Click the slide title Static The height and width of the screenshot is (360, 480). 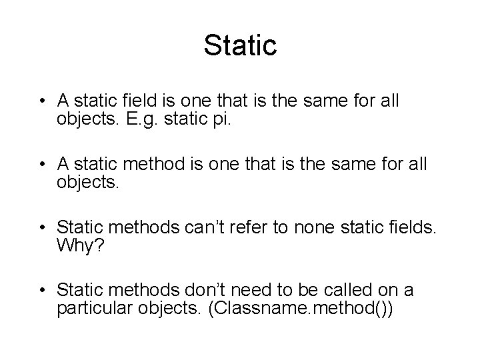[240, 46]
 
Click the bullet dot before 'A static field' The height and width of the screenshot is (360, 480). [42, 102]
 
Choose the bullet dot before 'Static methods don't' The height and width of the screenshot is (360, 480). [42, 290]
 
